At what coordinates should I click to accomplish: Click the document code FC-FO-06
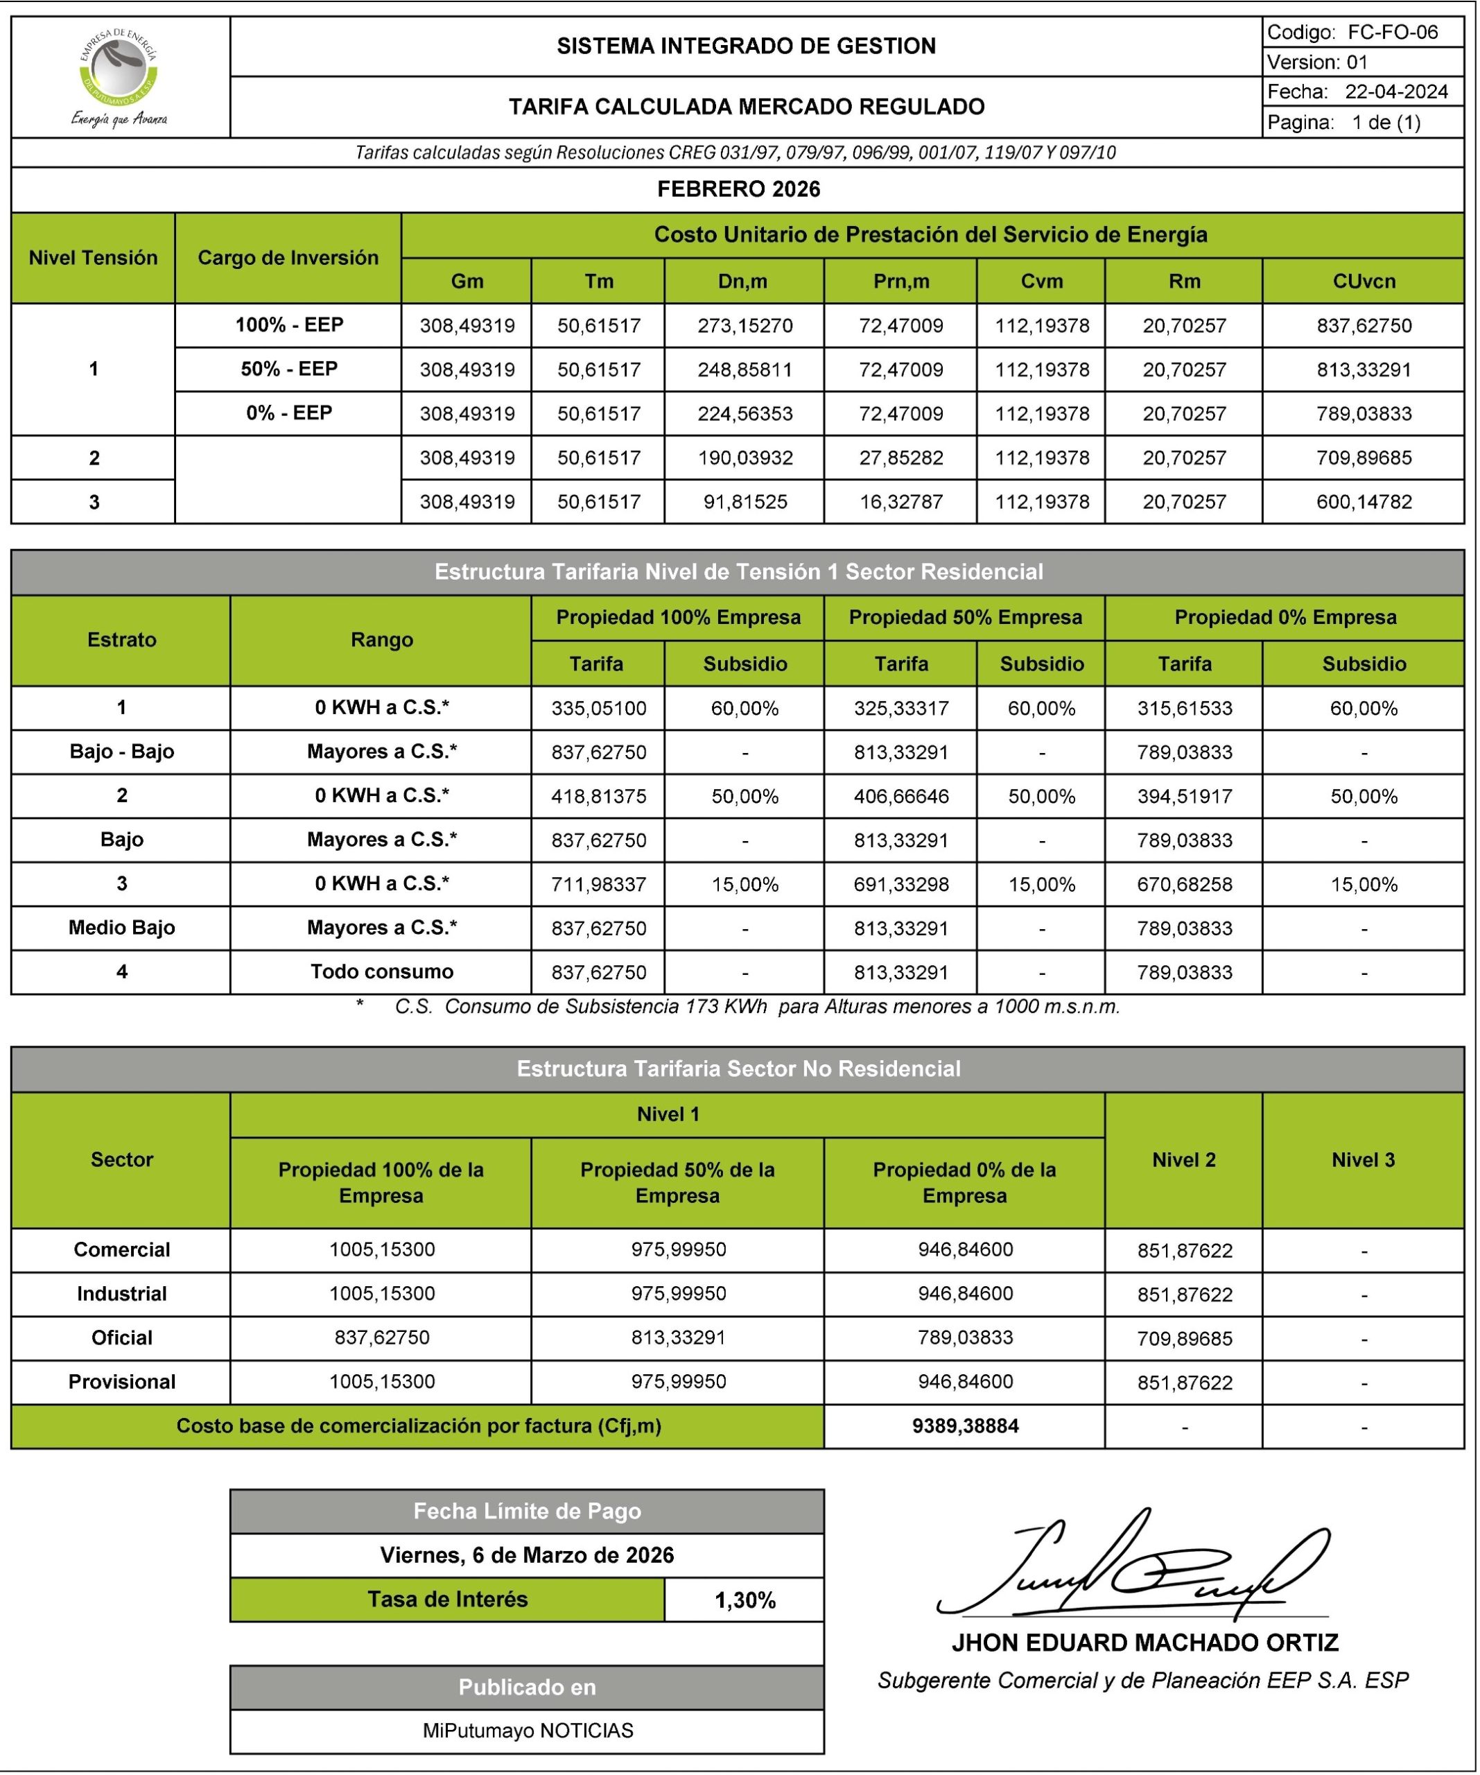point(1391,32)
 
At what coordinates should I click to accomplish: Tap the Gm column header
point(467,282)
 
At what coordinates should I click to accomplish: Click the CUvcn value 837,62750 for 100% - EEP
point(1364,325)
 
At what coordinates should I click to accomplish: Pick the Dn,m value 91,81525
point(745,502)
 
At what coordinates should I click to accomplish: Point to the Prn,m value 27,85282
point(901,458)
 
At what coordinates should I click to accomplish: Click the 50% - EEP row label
point(288,370)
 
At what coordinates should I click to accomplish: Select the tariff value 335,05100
point(598,709)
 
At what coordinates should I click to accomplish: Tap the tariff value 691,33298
point(901,884)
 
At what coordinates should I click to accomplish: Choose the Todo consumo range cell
point(381,971)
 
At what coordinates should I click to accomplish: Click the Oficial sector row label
point(122,1337)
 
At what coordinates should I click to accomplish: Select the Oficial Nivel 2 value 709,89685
point(1184,1338)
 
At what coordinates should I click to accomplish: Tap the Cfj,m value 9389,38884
point(965,1426)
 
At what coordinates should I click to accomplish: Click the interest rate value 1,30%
point(745,1600)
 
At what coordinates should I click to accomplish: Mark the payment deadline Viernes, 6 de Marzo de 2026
point(527,1555)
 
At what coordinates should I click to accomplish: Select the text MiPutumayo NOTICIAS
point(528,1730)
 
